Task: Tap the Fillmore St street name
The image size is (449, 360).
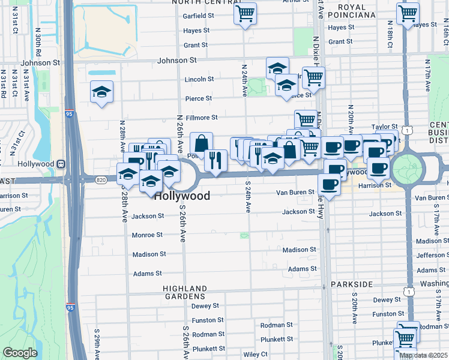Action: coord(201,118)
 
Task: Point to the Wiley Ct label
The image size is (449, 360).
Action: coord(255,355)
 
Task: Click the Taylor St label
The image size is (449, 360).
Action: coord(384,127)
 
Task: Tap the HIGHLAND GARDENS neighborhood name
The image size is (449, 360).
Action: coord(184,292)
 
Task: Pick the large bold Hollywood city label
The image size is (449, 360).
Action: coord(182,196)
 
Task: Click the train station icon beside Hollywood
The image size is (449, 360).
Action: coord(60,164)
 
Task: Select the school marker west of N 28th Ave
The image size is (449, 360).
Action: coord(101,92)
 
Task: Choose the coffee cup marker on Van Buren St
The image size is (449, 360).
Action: coord(329,184)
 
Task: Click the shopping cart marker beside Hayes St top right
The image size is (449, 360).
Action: coord(408,13)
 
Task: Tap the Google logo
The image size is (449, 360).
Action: coord(20,353)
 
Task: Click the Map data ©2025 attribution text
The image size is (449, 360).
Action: coord(424,355)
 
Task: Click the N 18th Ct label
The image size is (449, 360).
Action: coord(390,37)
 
